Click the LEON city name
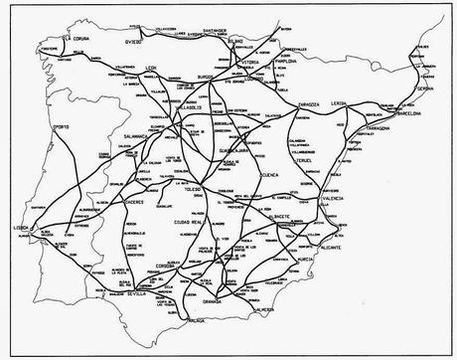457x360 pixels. [x=152, y=67]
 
